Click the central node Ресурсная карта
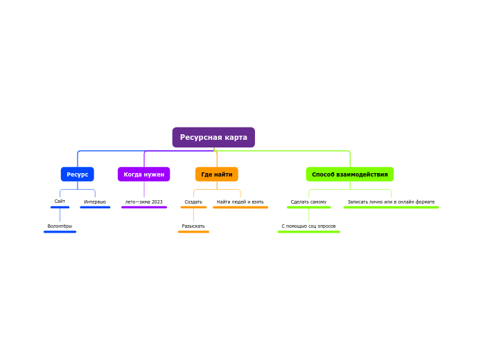click(213, 137)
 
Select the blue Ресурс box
click(78, 174)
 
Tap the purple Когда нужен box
click(144, 174)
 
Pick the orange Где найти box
click(217, 174)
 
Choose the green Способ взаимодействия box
click(350, 174)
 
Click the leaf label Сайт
click(60, 201)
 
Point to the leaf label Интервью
click(95, 202)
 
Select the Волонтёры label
click(60, 226)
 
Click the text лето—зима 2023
click(144, 202)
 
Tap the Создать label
click(193, 202)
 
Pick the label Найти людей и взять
click(240, 202)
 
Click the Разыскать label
click(193, 226)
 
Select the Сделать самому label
click(308, 202)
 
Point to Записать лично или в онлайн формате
click(392, 202)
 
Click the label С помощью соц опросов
click(308, 226)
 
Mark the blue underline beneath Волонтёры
click(60, 232)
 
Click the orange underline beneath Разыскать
click(193, 232)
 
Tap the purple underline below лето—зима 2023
click(144, 208)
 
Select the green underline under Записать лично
click(392, 208)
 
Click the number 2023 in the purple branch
click(157, 202)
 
